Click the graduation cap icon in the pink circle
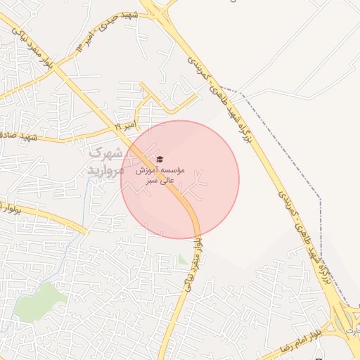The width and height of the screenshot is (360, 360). coord(159,159)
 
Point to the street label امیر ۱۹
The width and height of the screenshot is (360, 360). coord(127,127)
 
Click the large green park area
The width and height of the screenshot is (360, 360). coord(42,299)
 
